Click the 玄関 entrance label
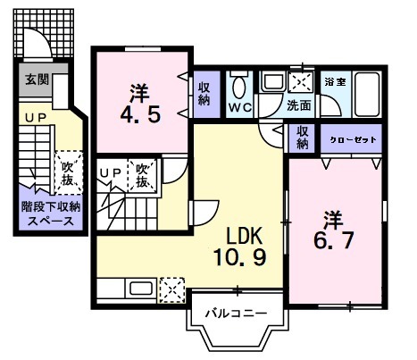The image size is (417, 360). pyautogui.click(x=37, y=79)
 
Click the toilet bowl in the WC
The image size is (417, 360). pyautogui.click(x=238, y=88)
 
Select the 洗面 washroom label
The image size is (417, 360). pyautogui.click(x=299, y=105)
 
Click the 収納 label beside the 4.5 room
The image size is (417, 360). pyautogui.click(x=204, y=95)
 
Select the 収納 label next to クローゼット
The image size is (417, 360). pyautogui.click(x=304, y=138)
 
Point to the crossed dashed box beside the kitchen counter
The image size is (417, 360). pyautogui.click(x=171, y=289)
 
